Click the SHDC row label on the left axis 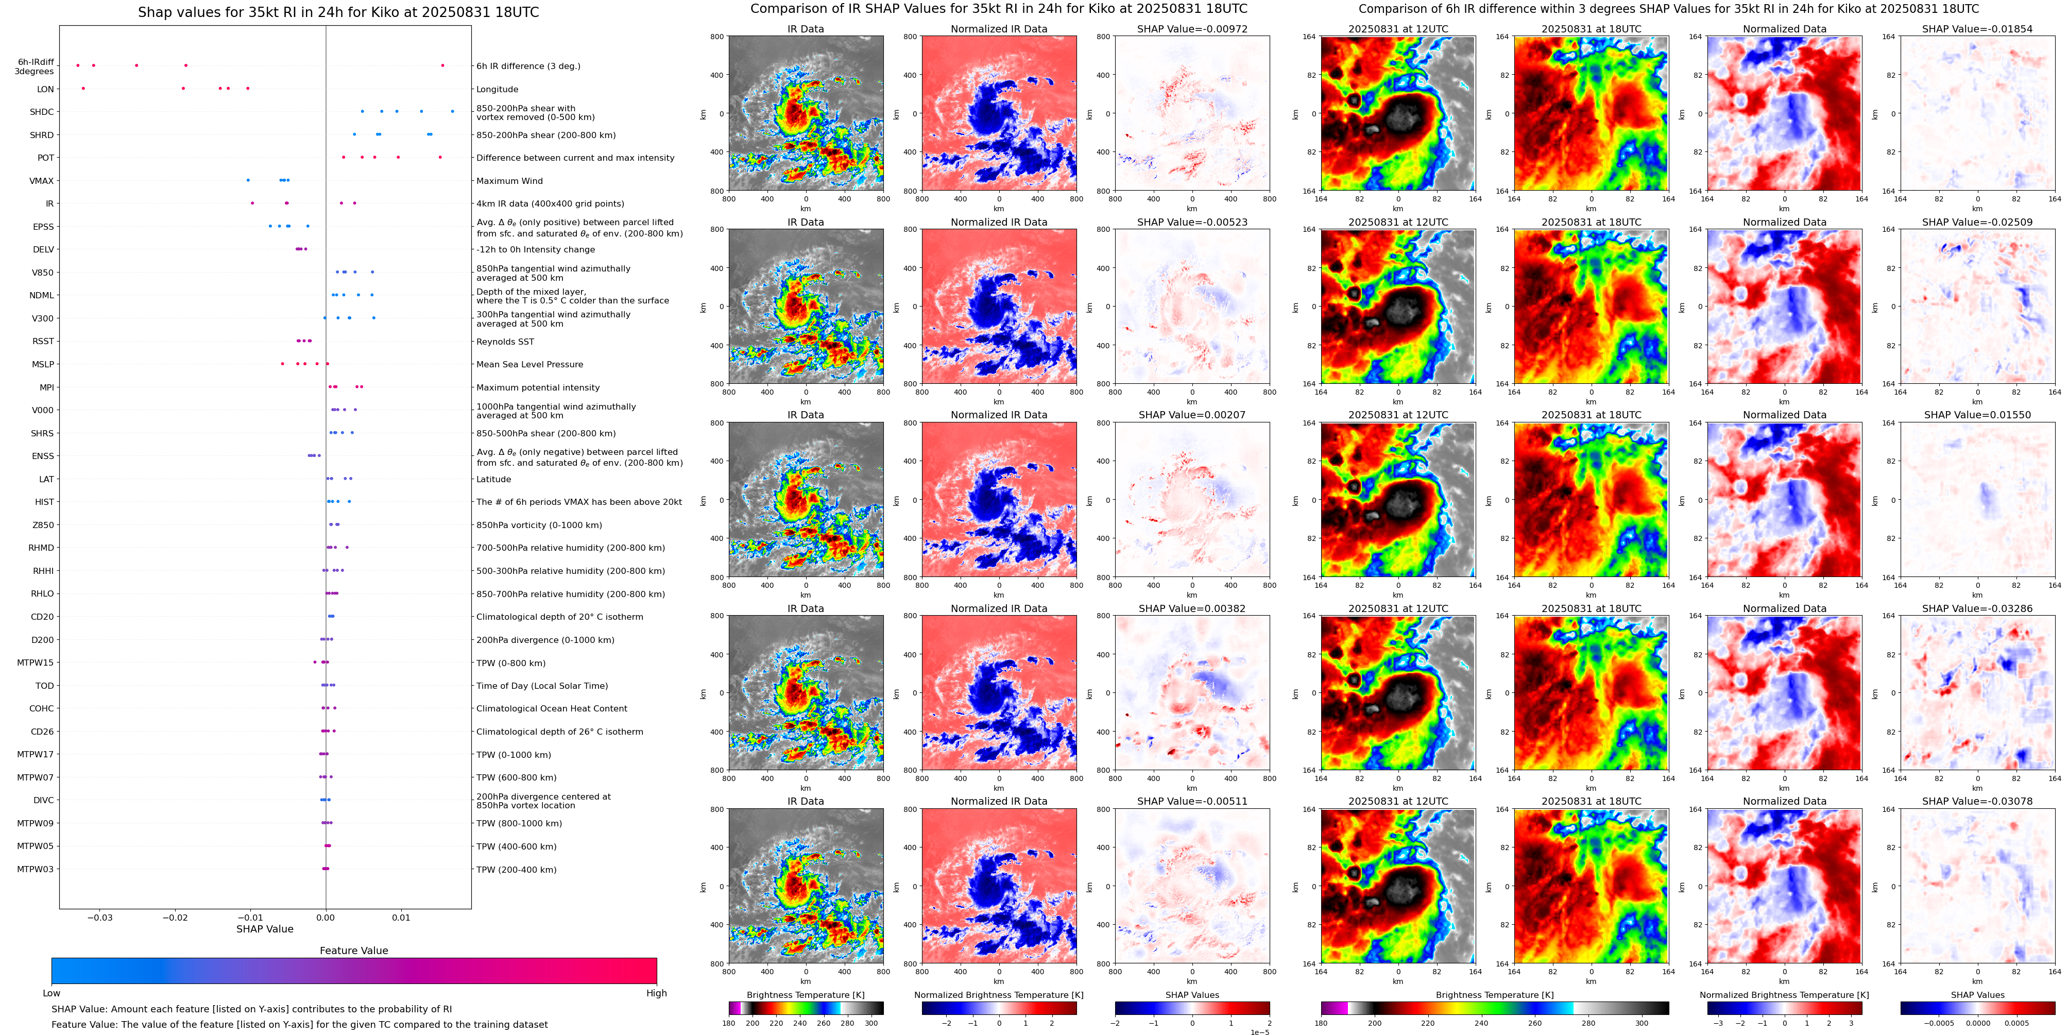point(42,112)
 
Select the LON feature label point(46,89)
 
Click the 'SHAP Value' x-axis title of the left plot point(264,929)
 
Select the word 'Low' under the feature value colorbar point(52,993)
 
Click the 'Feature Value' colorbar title point(353,951)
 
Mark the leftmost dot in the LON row point(83,88)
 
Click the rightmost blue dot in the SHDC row point(452,112)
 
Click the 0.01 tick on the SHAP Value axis point(401,918)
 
